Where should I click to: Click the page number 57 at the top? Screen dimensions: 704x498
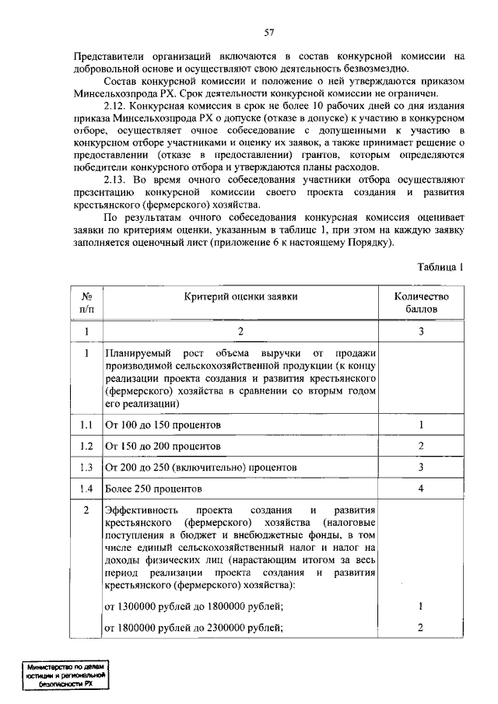pos(268,32)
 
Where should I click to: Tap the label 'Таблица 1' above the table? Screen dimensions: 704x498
pos(440,266)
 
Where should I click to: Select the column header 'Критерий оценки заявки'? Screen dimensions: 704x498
pos(240,296)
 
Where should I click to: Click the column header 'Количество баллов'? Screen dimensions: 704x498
pos(421,302)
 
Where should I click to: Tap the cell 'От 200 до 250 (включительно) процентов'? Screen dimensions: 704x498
pos(201,468)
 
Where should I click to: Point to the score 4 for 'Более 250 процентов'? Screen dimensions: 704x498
pos(420,489)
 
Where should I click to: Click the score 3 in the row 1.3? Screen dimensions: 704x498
pos(420,468)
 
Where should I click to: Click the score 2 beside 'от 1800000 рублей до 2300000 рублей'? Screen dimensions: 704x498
pos(420,628)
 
